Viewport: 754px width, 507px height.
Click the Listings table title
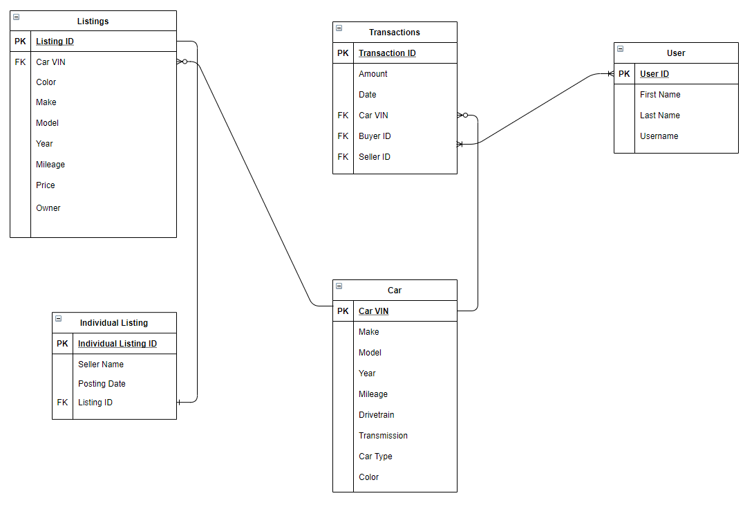click(x=93, y=21)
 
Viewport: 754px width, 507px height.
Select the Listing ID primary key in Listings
click(x=55, y=42)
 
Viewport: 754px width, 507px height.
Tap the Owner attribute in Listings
click(x=48, y=208)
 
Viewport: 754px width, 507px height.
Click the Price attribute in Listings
click(x=46, y=185)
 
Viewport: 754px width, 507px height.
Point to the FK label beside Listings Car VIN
click(x=20, y=62)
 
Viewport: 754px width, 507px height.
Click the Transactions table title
click(x=394, y=33)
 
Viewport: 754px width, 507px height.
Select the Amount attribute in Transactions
click(x=373, y=74)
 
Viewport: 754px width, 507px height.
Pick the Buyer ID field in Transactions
click(x=375, y=136)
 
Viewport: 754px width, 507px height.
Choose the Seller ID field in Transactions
click(x=375, y=157)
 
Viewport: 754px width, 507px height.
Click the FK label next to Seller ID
click(x=343, y=157)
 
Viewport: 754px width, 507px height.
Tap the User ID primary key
click(x=654, y=74)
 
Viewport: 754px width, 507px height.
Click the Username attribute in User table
click(x=659, y=136)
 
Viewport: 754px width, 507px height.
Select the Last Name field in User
click(x=659, y=116)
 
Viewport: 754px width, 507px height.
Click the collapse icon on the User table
click(x=620, y=49)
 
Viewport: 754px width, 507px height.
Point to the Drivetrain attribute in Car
click(x=377, y=415)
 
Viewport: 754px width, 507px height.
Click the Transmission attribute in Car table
click(x=383, y=436)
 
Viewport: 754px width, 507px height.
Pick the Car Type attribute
click(x=375, y=457)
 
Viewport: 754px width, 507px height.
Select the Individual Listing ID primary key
click(x=117, y=344)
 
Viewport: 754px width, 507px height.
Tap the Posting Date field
click(x=102, y=384)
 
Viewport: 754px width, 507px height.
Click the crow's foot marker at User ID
click(x=609, y=74)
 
